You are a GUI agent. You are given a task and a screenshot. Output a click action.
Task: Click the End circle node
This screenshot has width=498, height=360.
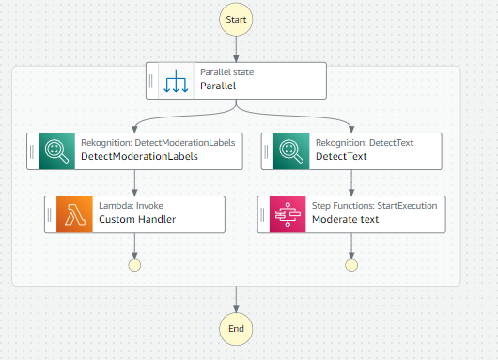coord(236,328)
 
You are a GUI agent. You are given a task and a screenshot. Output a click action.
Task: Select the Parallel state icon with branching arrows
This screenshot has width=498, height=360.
coord(177,80)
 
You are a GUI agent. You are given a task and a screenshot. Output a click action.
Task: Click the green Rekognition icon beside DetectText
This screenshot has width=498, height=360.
coord(291,149)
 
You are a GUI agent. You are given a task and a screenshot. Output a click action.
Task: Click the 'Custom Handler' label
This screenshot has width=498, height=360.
coord(137,221)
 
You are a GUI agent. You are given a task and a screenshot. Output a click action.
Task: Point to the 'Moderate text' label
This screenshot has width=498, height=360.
coord(345,221)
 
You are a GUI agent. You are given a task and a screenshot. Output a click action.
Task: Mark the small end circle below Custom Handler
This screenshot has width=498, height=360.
coord(135,265)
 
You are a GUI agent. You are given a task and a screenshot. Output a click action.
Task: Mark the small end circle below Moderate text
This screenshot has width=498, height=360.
coord(351,265)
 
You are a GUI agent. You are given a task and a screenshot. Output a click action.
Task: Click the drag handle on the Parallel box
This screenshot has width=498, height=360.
coord(152,80)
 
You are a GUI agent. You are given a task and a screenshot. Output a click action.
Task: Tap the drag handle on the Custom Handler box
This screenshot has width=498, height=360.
coord(50,214)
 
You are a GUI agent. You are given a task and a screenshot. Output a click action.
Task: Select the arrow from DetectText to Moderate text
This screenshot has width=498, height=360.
coord(351,182)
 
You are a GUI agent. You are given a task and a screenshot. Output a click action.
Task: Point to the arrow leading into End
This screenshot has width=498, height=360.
coord(236,300)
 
